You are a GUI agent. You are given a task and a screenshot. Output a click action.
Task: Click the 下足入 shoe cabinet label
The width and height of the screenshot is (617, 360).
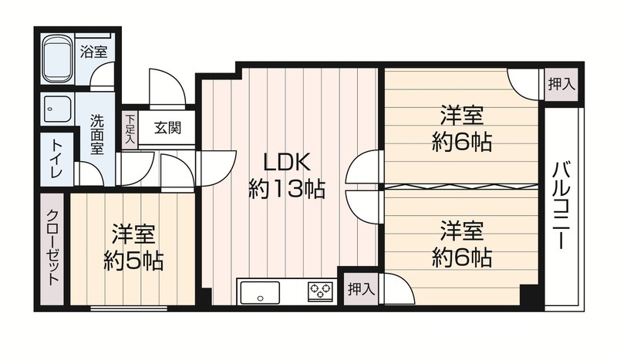[x=130, y=129]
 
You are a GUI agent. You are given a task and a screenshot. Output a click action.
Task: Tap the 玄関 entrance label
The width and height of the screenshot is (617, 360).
[x=167, y=128]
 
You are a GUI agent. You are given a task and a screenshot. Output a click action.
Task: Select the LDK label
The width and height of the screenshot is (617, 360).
[x=286, y=162]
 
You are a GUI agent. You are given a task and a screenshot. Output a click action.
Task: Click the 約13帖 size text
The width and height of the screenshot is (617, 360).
[x=286, y=189]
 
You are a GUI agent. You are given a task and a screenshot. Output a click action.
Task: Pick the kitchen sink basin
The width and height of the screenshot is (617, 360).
[x=259, y=292]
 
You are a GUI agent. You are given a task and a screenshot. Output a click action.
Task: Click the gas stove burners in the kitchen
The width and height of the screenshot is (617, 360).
[x=320, y=291]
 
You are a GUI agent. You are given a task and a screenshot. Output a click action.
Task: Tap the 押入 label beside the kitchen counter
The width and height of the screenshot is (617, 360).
[x=361, y=289]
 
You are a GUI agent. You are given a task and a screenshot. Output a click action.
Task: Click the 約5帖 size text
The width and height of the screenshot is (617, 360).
[x=133, y=261]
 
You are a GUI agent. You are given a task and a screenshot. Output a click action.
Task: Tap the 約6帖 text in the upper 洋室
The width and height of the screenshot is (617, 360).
[x=461, y=142]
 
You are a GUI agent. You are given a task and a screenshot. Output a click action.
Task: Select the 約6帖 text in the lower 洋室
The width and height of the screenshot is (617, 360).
[x=461, y=257]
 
